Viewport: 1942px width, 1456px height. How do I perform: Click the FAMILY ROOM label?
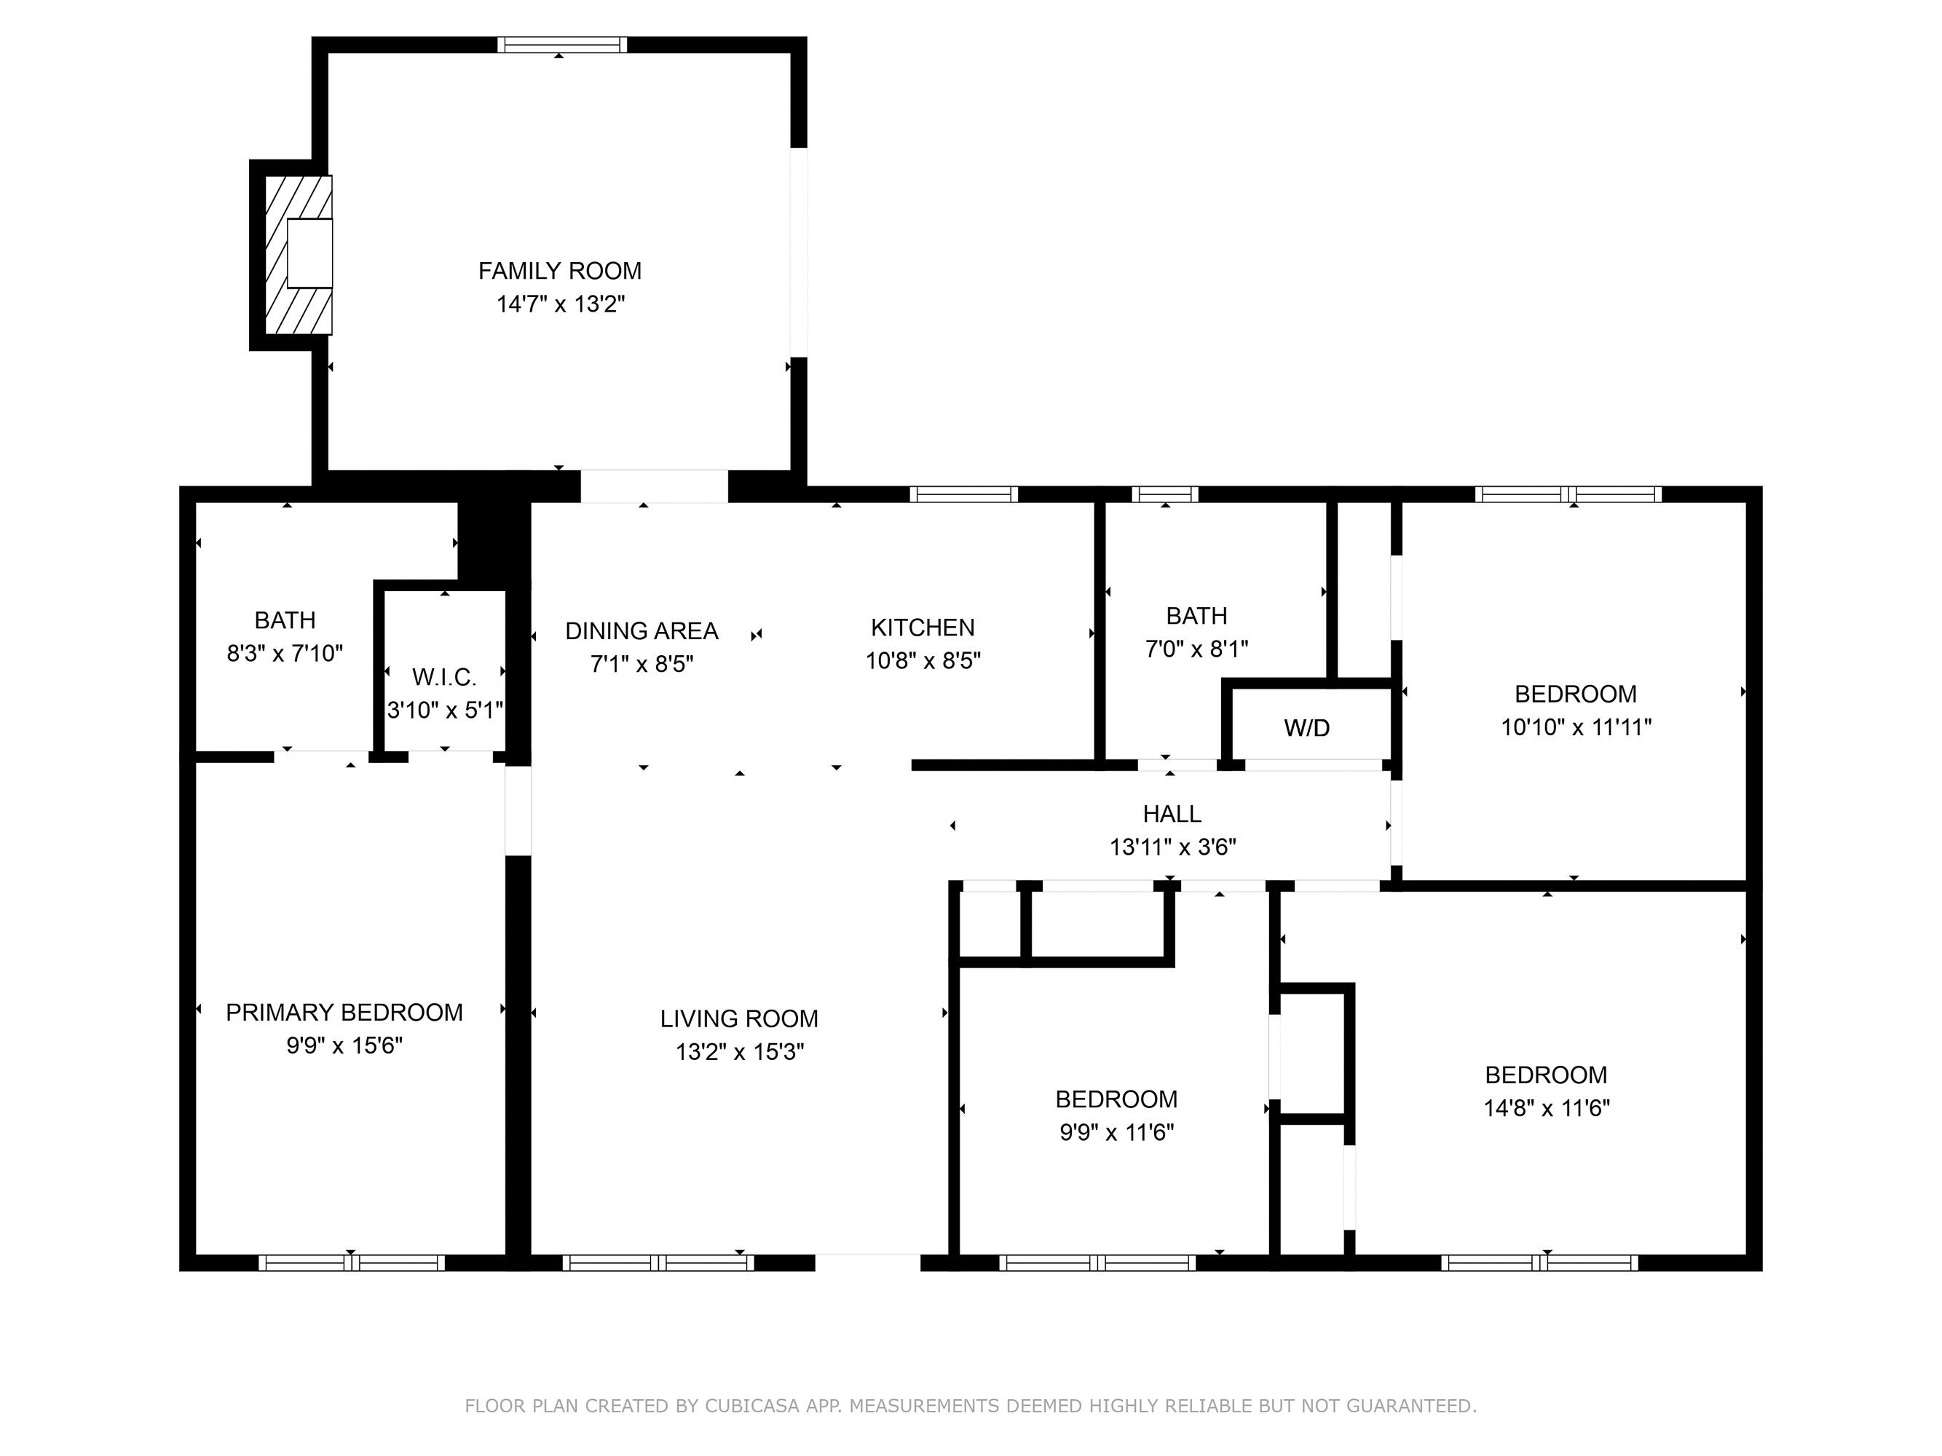[559, 272]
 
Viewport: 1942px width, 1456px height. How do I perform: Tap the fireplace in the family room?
[299, 255]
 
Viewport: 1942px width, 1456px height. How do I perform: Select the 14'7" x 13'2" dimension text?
[560, 304]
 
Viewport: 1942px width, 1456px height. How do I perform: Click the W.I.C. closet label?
[444, 678]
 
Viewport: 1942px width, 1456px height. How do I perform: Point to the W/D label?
[1306, 727]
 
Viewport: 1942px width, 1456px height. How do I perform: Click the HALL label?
[1172, 815]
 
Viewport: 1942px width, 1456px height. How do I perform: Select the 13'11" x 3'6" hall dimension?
[1172, 847]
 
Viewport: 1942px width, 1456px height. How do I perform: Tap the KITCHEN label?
[923, 628]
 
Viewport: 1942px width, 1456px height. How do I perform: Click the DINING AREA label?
[642, 631]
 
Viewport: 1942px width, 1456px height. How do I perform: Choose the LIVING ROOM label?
[739, 1019]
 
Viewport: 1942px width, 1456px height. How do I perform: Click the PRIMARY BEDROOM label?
[344, 1013]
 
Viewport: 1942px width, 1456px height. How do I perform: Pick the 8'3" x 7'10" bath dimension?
[285, 654]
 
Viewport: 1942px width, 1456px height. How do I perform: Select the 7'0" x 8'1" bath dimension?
[1196, 649]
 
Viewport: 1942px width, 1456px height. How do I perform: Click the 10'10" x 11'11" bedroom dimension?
[1576, 727]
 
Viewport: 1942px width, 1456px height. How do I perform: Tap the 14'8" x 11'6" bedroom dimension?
[1546, 1109]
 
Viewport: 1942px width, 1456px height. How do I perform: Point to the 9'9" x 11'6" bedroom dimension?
[1116, 1132]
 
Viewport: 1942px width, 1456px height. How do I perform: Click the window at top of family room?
[562, 44]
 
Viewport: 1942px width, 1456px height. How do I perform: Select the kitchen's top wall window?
[963, 494]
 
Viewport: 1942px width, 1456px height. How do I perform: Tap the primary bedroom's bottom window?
[351, 1263]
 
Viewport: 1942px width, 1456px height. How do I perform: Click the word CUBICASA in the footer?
[751, 1406]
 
